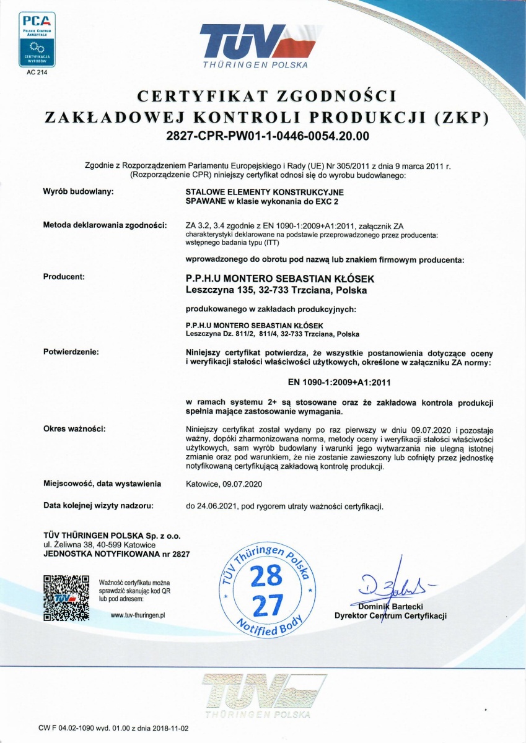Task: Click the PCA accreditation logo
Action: click(37, 38)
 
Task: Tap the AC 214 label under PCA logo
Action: click(37, 72)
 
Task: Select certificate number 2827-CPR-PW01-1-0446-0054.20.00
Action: click(263, 134)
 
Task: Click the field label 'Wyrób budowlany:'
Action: click(78, 193)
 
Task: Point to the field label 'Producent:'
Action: click(64, 277)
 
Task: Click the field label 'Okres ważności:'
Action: click(74, 428)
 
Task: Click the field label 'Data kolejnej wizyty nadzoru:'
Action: click(98, 506)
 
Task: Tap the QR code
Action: click(66, 597)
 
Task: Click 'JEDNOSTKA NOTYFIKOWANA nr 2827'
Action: click(116, 554)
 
